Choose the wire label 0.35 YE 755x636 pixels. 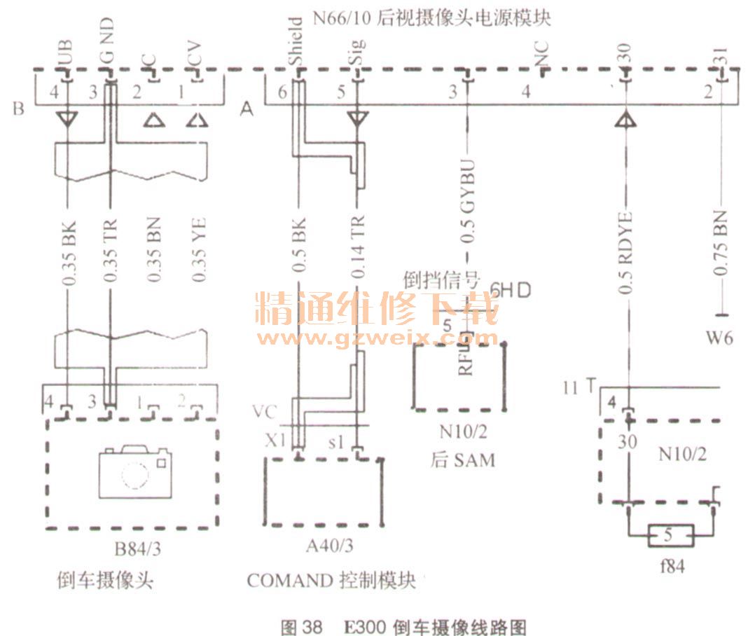coord(199,249)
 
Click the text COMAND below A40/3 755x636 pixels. coord(289,581)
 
